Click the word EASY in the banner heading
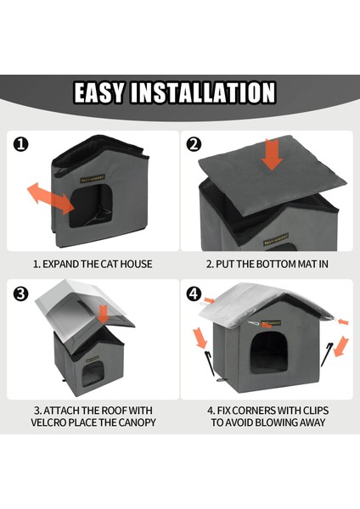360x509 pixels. (x=98, y=92)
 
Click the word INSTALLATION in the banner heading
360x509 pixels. (x=203, y=92)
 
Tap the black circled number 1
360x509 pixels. (x=20, y=144)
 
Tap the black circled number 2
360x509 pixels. (x=194, y=144)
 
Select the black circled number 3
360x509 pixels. (x=20, y=294)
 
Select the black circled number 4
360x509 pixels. (x=194, y=294)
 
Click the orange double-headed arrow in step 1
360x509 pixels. (x=50, y=199)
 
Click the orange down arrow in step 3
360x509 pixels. (x=103, y=314)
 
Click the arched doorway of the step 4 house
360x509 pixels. (x=269, y=353)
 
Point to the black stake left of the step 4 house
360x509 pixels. (x=210, y=362)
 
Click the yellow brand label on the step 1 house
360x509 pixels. (x=93, y=179)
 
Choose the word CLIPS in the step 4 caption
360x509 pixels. (x=315, y=411)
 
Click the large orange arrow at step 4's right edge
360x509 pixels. (x=340, y=347)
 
